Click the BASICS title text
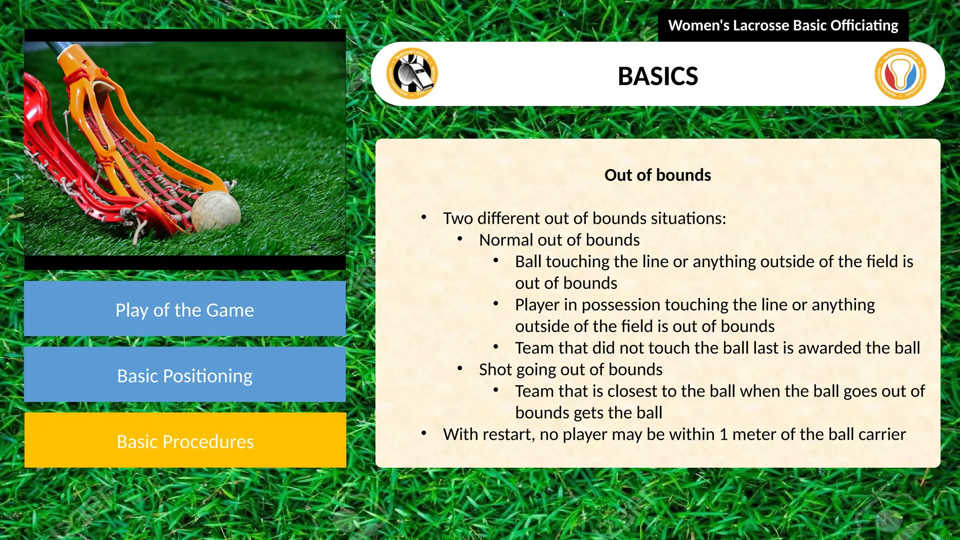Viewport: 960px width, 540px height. (x=658, y=76)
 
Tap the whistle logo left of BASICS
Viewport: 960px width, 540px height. (x=412, y=74)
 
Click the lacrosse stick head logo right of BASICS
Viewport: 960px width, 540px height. (x=900, y=74)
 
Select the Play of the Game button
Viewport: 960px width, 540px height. (x=185, y=309)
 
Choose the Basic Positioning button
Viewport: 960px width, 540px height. (x=185, y=375)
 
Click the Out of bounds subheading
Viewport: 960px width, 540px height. (x=657, y=175)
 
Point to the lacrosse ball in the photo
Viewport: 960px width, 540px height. (x=216, y=210)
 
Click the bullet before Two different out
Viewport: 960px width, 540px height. (x=424, y=217)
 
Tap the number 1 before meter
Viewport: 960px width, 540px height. (x=723, y=435)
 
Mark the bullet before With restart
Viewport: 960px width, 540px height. (x=424, y=434)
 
